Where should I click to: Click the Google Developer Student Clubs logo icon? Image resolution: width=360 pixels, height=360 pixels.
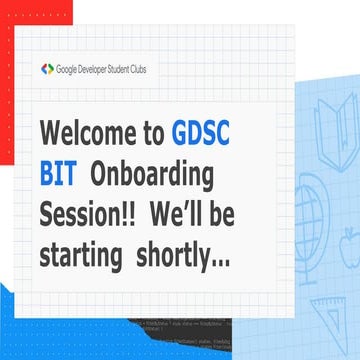tap(46, 69)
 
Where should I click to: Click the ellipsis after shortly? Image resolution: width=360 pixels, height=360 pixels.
tap(221, 262)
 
